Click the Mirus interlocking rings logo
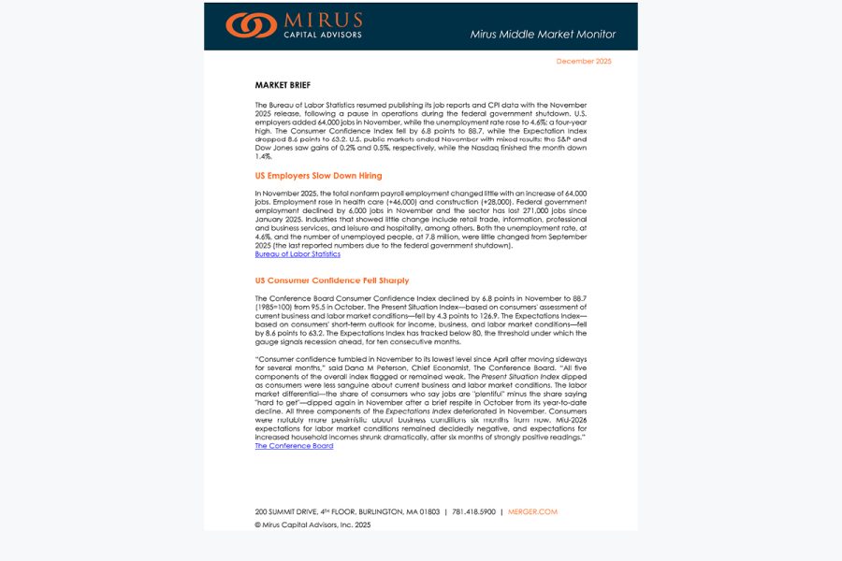click(251, 25)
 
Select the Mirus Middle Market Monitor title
click(543, 35)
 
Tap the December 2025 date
click(584, 61)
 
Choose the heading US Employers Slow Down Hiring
click(318, 176)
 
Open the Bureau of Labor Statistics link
click(298, 254)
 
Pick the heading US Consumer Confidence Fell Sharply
click(331, 280)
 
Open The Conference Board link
click(294, 446)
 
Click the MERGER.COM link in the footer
click(532, 511)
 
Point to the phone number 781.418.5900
click(474, 511)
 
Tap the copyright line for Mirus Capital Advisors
click(312, 525)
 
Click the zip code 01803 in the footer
click(429, 511)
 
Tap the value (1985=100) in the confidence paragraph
click(279, 306)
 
